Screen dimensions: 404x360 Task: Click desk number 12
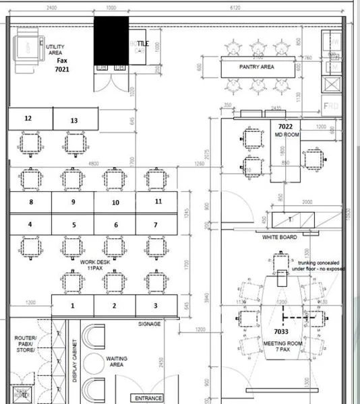click(x=28, y=119)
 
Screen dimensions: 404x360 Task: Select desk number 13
click(x=73, y=121)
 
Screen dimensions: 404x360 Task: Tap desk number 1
click(x=73, y=306)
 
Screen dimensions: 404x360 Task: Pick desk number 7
click(x=155, y=225)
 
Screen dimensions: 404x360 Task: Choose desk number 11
click(x=158, y=201)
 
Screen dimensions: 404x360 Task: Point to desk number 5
click(x=73, y=225)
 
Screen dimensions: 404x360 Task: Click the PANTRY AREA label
click(x=256, y=67)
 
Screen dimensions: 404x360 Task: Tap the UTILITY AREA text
click(x=55, y=49)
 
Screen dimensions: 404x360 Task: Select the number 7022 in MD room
click(x=285, y=126)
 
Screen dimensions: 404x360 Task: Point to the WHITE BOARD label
click(x=280, y=238)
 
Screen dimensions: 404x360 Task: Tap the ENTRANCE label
click(x=148, y=398)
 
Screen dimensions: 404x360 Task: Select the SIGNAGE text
click(x=149, y=324)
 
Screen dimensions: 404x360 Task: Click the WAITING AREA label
click(x=117, y=362)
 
